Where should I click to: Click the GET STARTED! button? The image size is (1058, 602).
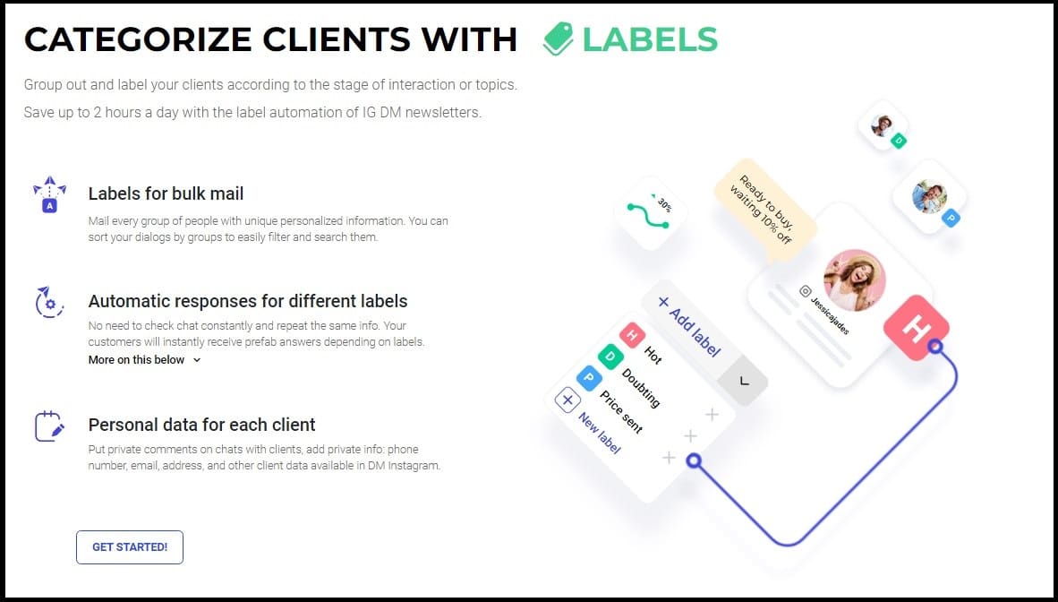point(130,547)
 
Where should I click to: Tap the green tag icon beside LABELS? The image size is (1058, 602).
point(558,39)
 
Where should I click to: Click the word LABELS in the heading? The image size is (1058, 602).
point(650,39)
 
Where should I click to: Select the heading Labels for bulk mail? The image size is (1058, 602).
point(166,193)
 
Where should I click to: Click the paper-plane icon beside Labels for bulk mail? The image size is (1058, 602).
point(50,193)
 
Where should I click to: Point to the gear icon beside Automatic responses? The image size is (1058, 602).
point(49,302)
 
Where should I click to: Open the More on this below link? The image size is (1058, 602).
point(144,360)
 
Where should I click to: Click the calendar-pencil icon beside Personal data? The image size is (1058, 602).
point(50,426)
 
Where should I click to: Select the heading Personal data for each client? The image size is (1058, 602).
point(201,425)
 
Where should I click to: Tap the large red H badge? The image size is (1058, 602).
point(917,328)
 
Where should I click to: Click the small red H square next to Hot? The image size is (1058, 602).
point(632,335)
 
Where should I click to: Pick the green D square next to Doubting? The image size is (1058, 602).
point(610,357)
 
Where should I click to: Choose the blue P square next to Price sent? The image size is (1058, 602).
point(588,378)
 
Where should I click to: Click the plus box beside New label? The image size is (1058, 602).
point(567,400)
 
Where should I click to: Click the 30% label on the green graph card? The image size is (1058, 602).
point(664,204)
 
